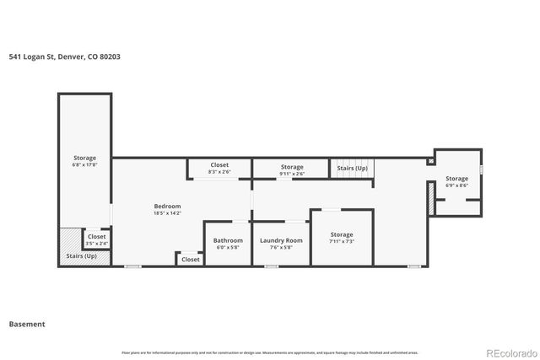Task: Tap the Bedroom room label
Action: (x=167, y=206)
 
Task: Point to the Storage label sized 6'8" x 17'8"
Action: (x=84, y=158)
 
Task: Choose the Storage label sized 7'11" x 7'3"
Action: (x=342, y=234)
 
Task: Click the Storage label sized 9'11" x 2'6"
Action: (x=292, y=167)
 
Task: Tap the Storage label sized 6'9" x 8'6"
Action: (x=456, y=179)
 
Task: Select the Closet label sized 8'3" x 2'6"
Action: (x=219, y=165)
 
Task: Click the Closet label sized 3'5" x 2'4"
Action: (x=97, y=237)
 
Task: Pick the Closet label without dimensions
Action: (x=191, y=260)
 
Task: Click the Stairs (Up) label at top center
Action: (x=352, y=169)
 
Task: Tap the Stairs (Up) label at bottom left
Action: (x=81, y=255)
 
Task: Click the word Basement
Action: (x=27, y=324)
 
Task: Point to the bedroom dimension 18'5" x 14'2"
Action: (x=167, y=213)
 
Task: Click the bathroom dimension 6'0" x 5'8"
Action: (x=228, y=247)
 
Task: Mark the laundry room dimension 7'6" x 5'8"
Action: (x=281, y=247)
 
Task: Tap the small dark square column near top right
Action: (x=431, y=160)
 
